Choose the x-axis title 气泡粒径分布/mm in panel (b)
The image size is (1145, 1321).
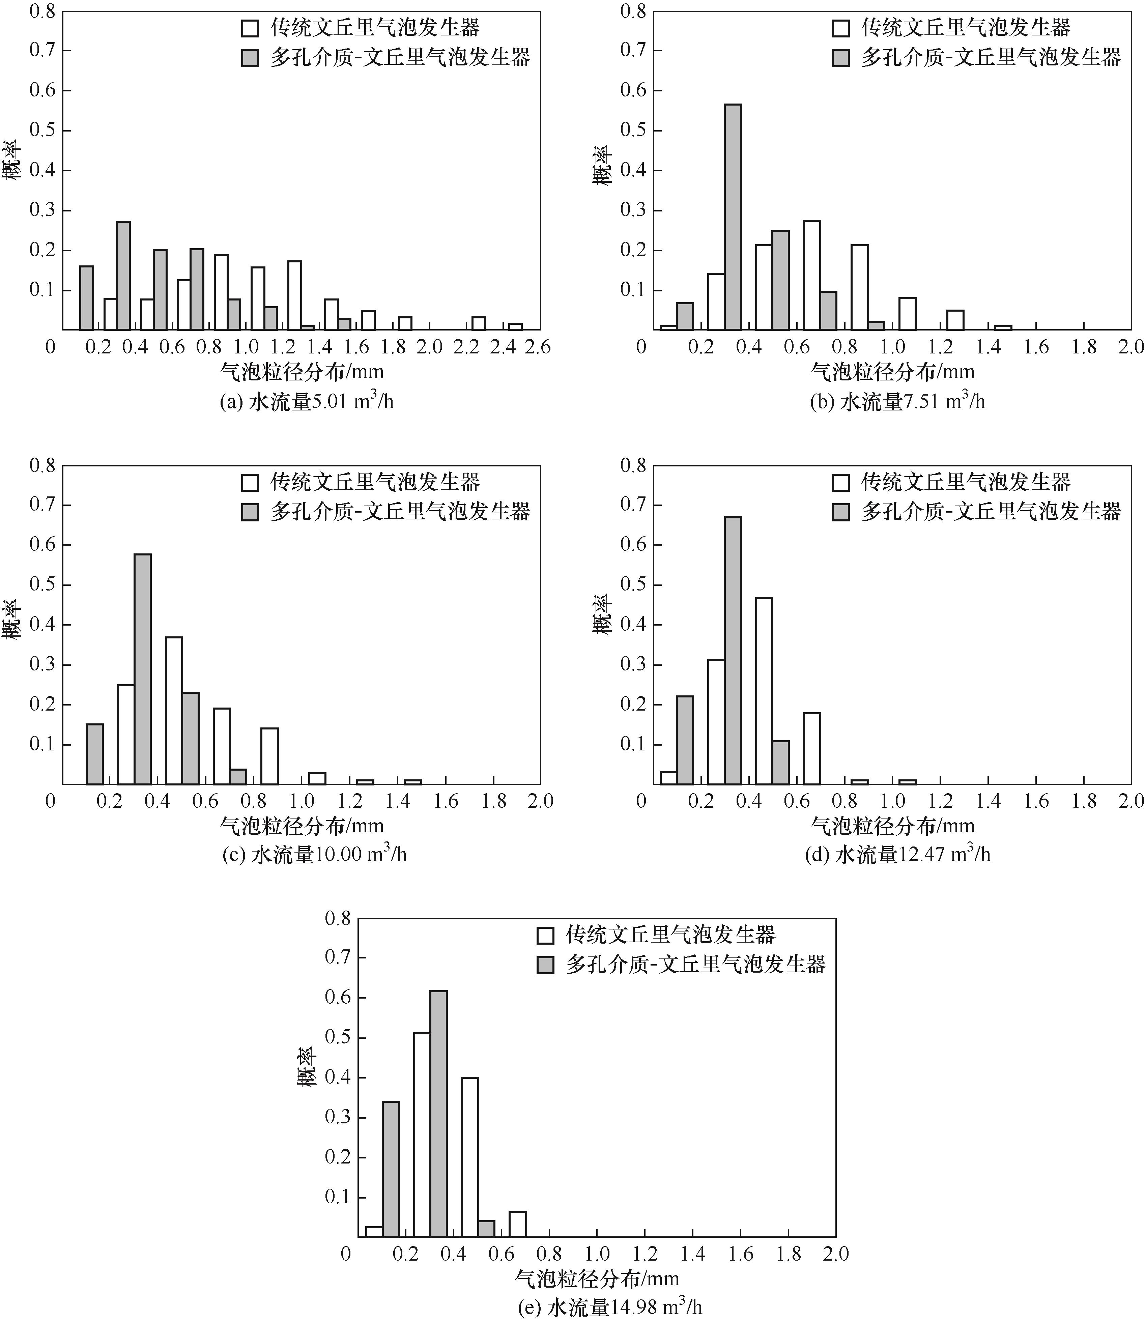click(x=893, y=371)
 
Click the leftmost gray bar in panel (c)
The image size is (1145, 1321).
click(x=94, y=754)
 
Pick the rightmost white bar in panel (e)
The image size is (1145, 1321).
click(x=518, y=1223)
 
